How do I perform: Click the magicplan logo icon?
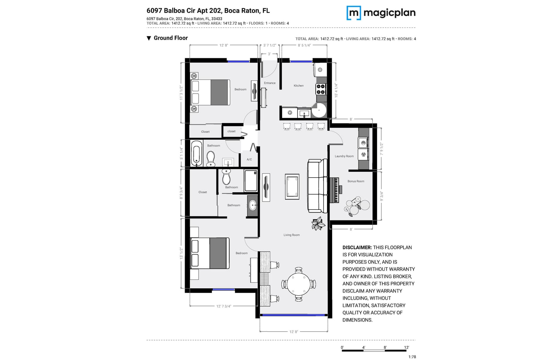point(354,13)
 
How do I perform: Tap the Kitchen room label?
point(299,86)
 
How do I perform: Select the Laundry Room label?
point(344,156)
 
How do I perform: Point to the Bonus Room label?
point(355,181)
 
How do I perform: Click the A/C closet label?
point(249,159)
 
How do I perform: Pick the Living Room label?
point(292,235)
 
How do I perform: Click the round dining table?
point(299,284)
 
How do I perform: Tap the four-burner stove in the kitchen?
point(321,89)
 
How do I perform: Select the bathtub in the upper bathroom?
point(197,153)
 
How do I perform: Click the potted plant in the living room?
point(318,223)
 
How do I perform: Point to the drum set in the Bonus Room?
point(357,206)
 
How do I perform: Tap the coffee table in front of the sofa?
point(292,187)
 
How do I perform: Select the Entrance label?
point(270,83)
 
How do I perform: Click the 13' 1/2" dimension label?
point(182,253)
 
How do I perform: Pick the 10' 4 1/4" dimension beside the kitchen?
point(336,91)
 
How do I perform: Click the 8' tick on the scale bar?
point(385,347)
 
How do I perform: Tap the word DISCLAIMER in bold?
point(357,247)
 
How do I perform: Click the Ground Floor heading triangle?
point(149,38)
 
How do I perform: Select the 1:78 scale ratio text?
point(412,357)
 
